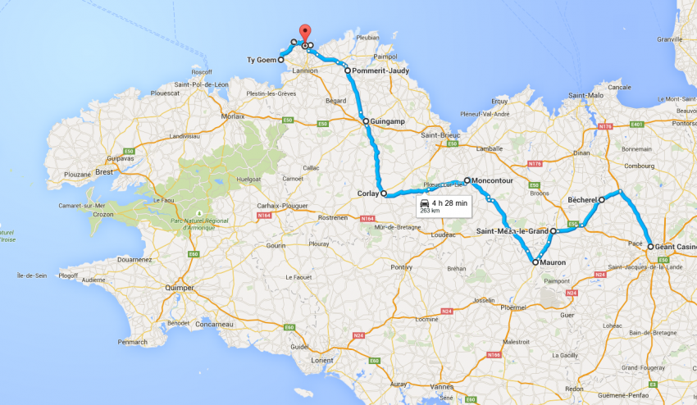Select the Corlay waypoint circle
click(x=384, y=194)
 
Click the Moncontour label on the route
click(x=494, y=180)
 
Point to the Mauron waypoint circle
click(x=535, y=263)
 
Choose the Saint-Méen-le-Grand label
click(x=512, y=231)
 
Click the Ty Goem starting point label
click(x=262, y=60)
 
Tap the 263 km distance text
click(x=430, y=211)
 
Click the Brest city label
click(x=103, y=172)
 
